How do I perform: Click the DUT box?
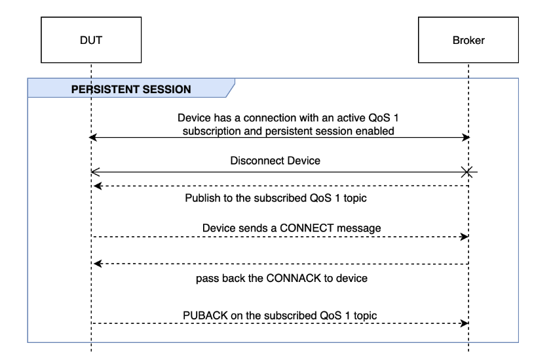pos(91,40)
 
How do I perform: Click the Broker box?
pos(468,40)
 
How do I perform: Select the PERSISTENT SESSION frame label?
pos(131,89)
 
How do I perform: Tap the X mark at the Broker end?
pos(468,172)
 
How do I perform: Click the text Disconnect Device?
pos(275,160)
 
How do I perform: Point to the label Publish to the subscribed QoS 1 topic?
pos(280,197)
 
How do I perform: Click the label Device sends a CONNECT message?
pos(292,228)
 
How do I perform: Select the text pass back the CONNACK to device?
pos(282,278)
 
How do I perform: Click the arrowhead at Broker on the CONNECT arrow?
pos(466,237)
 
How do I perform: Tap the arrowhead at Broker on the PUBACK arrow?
pos(466,323)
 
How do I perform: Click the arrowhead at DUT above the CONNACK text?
pos(96,264)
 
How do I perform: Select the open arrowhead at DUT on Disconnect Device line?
pos(95,172)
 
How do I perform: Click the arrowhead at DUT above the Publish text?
pos(96,186)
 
